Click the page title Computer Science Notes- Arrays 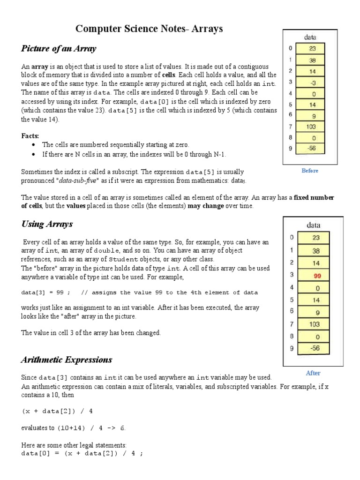[x=149, y=29]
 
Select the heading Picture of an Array [x=59, y=49]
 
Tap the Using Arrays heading [x=47, y=224]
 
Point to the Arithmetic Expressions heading [x=67, y=360]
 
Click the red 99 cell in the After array [x=316, y=275]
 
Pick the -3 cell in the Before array [x=312, y=82]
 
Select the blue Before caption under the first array [x=310, y=171]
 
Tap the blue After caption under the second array [x=313, y=373]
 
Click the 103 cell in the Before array [x=312, y=127]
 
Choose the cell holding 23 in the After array [x=316, y=238]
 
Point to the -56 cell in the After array [x=316, y=348]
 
